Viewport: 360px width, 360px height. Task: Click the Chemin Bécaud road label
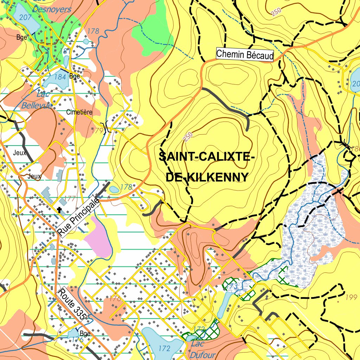click(244, 55)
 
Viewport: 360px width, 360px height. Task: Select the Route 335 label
click(72, 304)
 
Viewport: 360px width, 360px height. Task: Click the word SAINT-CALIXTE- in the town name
click(206, 156)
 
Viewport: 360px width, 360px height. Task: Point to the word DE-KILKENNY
click(207, 177)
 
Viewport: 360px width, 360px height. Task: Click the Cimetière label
click(79, 112)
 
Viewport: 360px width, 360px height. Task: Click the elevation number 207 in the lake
click(25, 17)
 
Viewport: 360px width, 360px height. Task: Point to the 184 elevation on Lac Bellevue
click(60, 76)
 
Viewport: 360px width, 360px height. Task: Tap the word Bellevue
click(37, 105)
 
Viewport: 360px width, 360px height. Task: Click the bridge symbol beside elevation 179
click(105, 127)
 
